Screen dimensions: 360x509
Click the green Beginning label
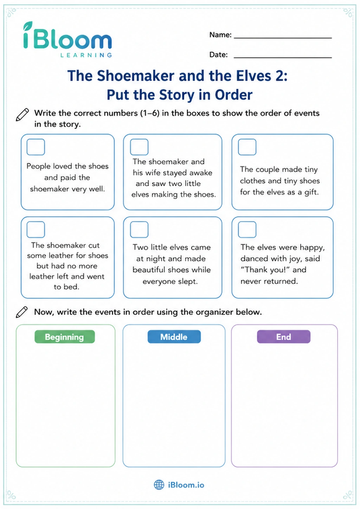(x=65, y=336)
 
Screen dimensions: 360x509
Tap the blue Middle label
(x=174, y=336)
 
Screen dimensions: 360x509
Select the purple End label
(x=284, y=336)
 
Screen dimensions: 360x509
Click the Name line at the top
(x=283, y=38)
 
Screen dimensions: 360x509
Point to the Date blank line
(x=283, y=58)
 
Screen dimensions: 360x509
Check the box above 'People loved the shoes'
(x=36, y=147)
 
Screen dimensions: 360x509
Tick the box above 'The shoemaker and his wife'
(x=139, y=147)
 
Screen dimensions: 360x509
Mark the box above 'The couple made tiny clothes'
(x=247, y=147)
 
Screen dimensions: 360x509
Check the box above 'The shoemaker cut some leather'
(x=36, y=230)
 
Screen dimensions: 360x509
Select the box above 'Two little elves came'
(x=139, y=230)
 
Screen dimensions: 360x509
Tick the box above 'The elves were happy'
(x=247, y=230)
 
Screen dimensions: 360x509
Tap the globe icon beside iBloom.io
(x=159, y=485)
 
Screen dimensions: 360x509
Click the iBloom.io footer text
(x=186, y=485)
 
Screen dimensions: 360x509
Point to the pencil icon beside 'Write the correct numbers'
(x=22, y=115)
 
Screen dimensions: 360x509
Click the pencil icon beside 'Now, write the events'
(x=22, y=312)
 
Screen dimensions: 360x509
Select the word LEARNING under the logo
(x=86, y=55)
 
